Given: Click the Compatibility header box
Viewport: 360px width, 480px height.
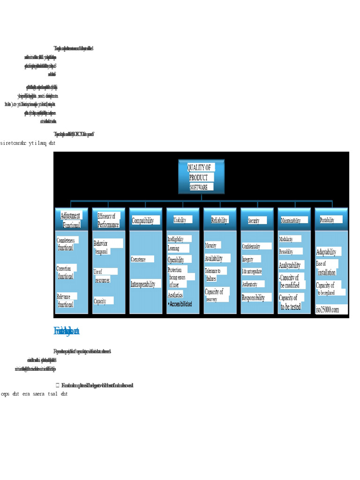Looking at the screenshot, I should pos(142,220).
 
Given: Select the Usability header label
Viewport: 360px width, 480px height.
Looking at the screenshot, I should pos(180,220).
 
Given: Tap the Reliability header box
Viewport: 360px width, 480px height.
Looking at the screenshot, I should pos(219,220).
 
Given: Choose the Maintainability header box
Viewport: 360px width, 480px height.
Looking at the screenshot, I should pos(294,220).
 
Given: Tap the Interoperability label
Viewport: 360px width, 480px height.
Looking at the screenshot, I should pos(142,284).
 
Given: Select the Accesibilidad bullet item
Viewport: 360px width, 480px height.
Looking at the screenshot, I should pos(180,304).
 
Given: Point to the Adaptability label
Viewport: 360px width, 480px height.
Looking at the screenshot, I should pos(326,252).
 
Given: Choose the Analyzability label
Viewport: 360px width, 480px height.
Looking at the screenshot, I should pos(290,265).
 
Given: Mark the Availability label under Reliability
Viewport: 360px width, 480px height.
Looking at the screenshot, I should pos(214,258).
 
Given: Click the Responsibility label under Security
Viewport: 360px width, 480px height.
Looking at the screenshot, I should pos(253,298).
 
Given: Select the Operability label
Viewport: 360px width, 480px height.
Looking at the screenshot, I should pos(176,260).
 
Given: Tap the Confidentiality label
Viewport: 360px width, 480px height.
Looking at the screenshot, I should pos(256,246).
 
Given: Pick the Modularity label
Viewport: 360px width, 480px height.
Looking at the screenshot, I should pos(286,239).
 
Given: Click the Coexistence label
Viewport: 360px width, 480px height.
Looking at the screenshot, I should pos(138,259).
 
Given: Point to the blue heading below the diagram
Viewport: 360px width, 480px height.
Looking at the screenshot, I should pos(66,332).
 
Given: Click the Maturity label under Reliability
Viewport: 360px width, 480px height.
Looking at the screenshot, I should pos(210,245).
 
